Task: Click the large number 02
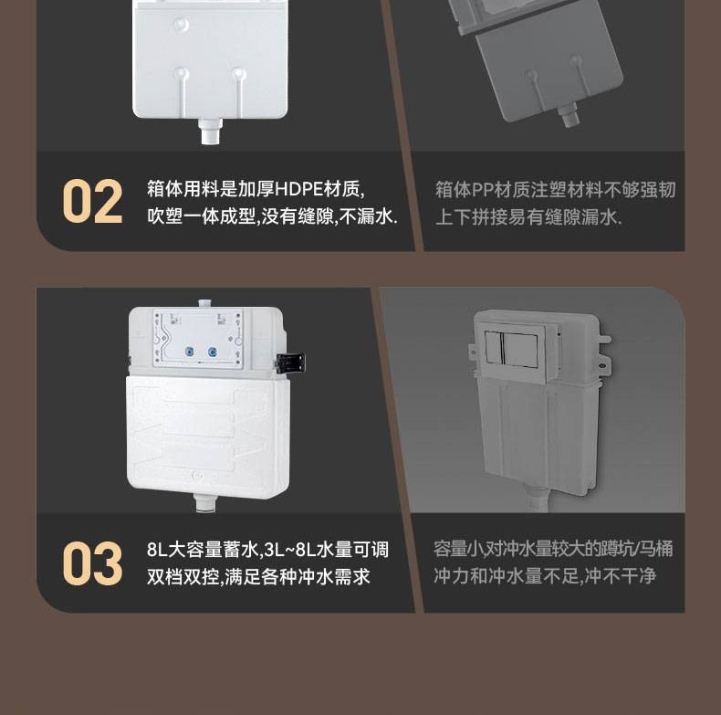click(92, 202)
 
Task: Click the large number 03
click(92, 563)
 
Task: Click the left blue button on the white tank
click(190, 352)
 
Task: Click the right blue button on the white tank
click(212, 352)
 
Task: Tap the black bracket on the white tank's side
click(290, 362)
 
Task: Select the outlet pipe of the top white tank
click(211, 131)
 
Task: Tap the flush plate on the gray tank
click(512, 348)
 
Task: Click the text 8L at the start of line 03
click(157, 550)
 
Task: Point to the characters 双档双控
click(183, 576)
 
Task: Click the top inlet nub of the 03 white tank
click(206, 304)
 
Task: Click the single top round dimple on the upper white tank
click(182, 25)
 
